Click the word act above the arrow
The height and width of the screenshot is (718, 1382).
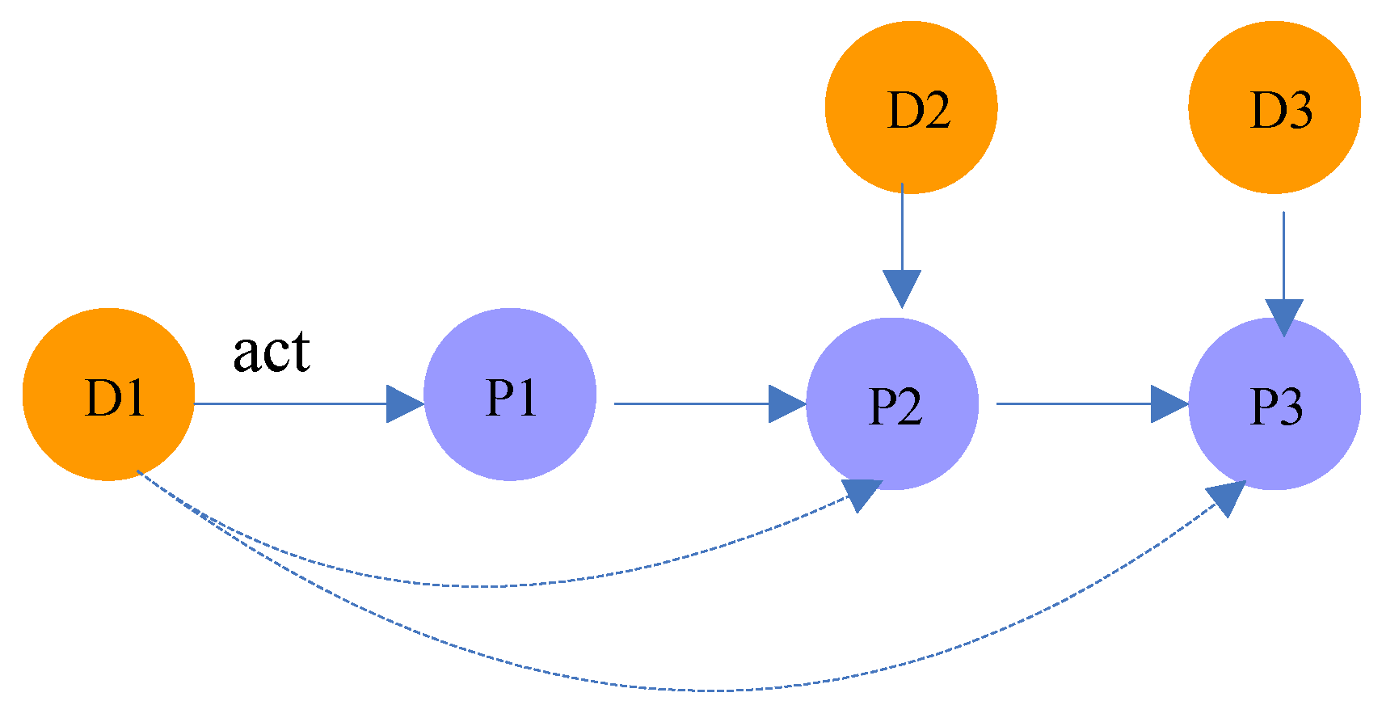coord(272,353)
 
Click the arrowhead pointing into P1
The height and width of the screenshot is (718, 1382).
coord(403,403)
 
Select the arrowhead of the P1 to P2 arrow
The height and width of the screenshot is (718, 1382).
coord(786,403)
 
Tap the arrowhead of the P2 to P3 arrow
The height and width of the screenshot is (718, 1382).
coord(1168,403)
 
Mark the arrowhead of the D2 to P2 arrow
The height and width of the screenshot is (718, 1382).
coord(902,288)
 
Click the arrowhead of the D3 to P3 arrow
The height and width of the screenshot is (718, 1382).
coord(1283,316)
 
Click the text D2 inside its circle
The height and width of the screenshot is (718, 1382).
coord(919,111)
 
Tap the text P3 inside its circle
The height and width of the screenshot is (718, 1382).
coord(1276,406)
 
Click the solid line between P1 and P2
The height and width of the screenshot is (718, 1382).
coord(691,403)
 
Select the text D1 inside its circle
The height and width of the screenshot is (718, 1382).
coord(115,398)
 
